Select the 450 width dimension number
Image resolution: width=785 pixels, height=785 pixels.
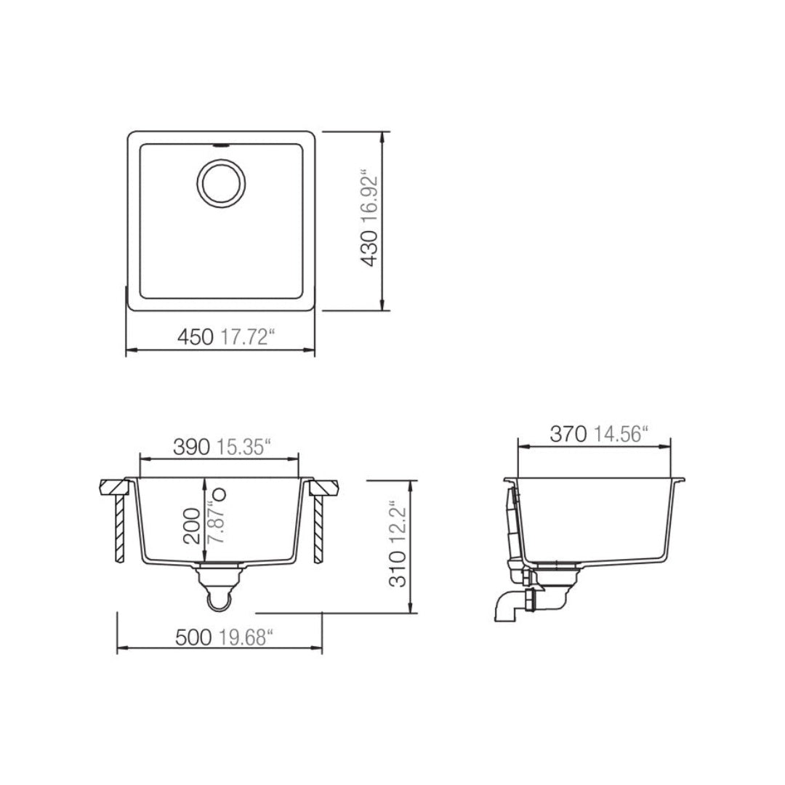(x=195, y=337)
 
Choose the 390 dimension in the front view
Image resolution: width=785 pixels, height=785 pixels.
(x=192, y=447)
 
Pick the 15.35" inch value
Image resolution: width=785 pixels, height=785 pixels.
(x=243, y=447)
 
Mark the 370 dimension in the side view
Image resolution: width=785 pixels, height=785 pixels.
(x=568, y=434)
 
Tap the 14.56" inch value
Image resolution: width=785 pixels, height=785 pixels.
(x=620, y=434)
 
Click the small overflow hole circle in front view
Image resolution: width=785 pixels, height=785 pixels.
(x=222, y=494)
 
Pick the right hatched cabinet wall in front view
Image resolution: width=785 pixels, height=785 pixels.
(x=318, y=527)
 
